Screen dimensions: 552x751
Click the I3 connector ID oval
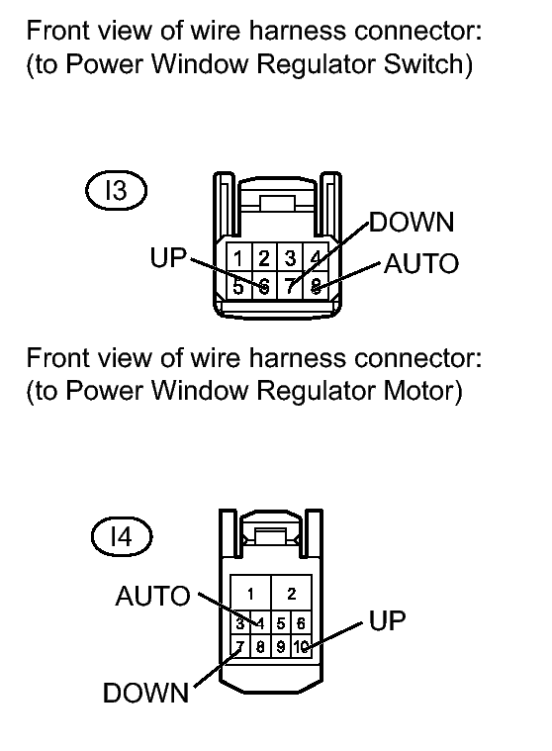click(116, 191)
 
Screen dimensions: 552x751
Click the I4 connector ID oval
click(122, 536)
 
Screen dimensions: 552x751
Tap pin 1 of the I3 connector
click(238, 258)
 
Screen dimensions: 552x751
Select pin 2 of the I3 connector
click(264, 258)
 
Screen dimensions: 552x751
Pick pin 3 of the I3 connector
click(290, 258)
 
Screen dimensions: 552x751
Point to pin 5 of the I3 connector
click(238, 286)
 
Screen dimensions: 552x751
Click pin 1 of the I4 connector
click(250, 594)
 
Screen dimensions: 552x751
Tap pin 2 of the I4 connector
click(292, 594)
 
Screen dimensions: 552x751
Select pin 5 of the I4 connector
click(281, 623)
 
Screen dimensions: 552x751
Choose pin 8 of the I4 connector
click(260, 647)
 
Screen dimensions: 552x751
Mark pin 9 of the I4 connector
click(281, 647)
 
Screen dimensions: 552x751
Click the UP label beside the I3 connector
click(168, 257)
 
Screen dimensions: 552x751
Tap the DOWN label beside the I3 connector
click(412, 223)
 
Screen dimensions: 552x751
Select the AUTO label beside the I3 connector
click(421, 264)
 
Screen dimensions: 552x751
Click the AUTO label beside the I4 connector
click(152, 597)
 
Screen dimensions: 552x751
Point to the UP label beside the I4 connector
click(388, 620)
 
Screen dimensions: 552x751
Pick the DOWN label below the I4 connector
click(146, 693)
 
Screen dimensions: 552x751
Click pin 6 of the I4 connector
click(301, 623)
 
